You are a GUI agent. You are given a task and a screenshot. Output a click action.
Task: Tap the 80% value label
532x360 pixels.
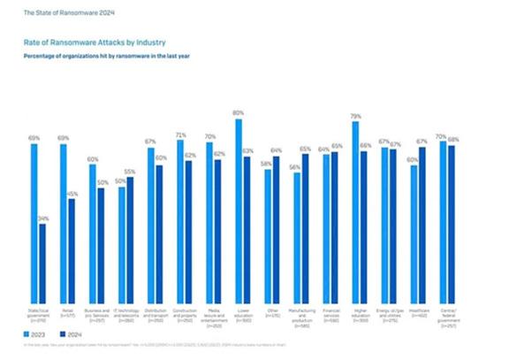(x=238, y=113)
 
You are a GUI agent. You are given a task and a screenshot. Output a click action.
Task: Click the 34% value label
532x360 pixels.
(x=43, y=218)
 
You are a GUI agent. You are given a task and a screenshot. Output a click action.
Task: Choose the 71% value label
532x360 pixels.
(x=179, y=134)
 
